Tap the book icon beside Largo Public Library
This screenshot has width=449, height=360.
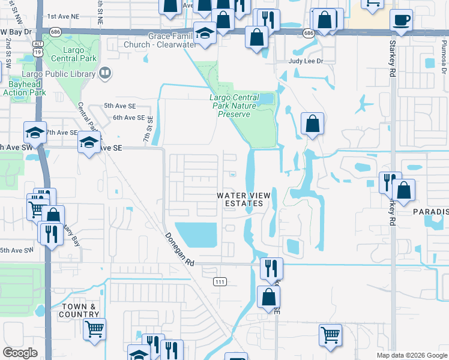click(105, 73)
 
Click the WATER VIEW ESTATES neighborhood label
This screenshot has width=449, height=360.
click(244, 200)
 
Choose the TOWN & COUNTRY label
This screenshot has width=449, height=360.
click(79, 310)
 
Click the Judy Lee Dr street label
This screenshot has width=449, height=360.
click(306, 61)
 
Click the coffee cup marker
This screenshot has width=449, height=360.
click(401, 19)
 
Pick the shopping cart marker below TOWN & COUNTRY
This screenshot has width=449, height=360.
click(94, 329)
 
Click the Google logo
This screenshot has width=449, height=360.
click(20, 353)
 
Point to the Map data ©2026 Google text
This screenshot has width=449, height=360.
click(411, 355)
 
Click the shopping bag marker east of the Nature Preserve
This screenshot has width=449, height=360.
click(312, 124)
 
